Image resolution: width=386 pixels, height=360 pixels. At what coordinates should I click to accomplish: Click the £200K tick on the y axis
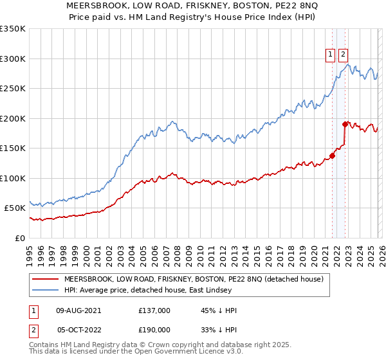pyautogui.click(x=13, y=118)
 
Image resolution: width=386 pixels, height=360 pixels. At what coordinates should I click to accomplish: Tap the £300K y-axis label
pyautogui.click(x=13, y=59)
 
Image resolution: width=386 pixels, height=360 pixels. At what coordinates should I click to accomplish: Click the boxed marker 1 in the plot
pyautogui.click(x=330, y=55)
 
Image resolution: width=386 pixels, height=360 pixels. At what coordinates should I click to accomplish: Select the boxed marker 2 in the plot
pyautogui.click(x=344, y=55)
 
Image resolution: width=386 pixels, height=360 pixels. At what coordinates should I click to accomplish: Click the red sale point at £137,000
pyautogui.click(x=333, y=155)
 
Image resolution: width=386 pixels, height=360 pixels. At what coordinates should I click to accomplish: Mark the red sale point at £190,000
pyautogui.click(x=345, y=123)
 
